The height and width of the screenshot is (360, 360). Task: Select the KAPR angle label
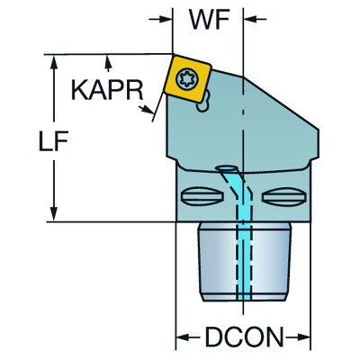tap(104, 91)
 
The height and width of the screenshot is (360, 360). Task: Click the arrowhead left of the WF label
tap(166, 18)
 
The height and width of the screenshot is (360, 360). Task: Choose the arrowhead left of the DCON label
tap(181, 339)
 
